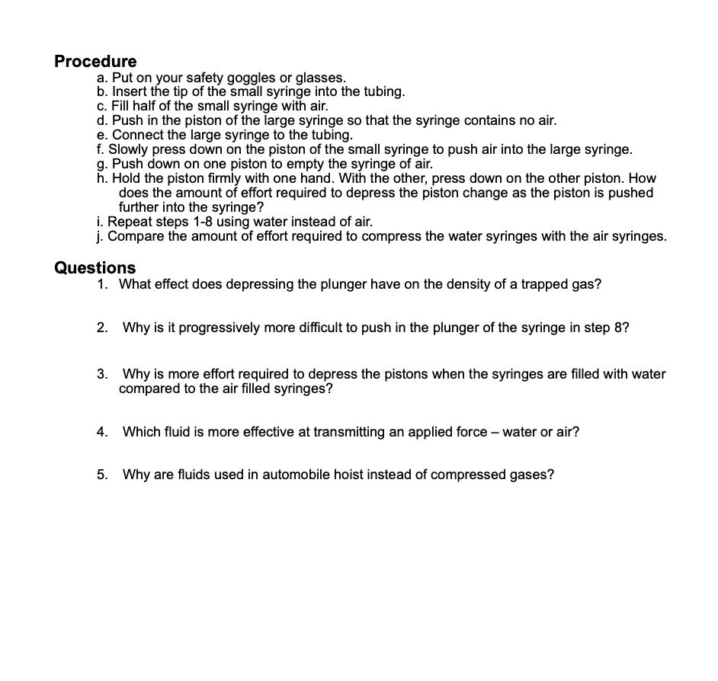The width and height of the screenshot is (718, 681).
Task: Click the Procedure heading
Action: pyautogui.click(x=95, y=62)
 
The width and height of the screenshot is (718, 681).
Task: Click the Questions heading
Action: pyautogui.click(x=95, y=268)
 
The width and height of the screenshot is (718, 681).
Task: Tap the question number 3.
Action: pyautogui.click(x=101, y=374)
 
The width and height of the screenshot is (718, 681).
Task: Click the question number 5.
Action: pyautogui.click(x=101, y=475)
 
